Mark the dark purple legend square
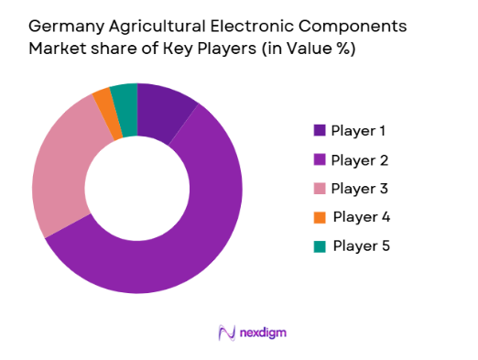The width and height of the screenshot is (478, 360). (x=320, y=130)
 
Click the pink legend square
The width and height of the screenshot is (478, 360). (x=320, y=189)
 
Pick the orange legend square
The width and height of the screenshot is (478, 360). (x=320, y=218)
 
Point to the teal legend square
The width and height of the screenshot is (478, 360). (x=320, y=246)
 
